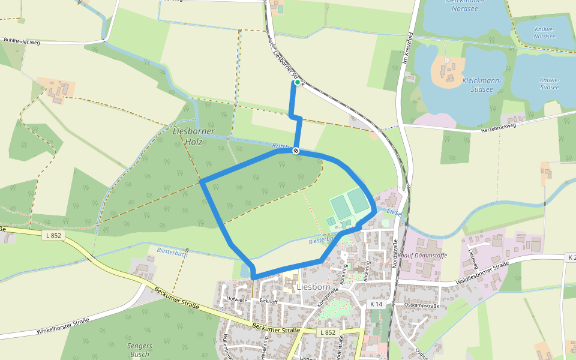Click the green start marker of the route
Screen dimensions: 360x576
297,82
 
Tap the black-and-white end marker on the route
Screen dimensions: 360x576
296,151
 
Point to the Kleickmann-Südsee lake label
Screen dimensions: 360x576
478,85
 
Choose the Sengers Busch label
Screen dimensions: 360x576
140,350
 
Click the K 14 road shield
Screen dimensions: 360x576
376,304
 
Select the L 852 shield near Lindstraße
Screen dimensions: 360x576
328,332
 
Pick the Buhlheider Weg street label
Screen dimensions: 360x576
22,41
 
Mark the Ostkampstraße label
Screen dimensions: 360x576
422,305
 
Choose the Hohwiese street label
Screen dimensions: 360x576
237,299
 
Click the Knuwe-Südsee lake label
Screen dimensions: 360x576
549,83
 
